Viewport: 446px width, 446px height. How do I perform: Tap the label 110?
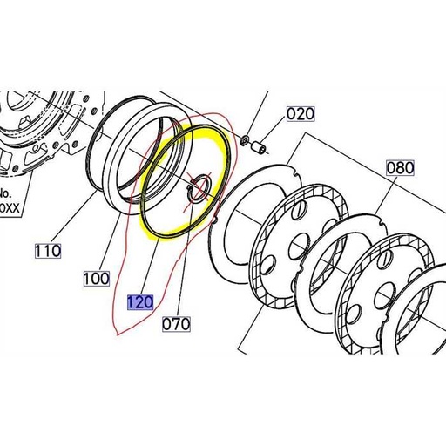[x=47, y=251]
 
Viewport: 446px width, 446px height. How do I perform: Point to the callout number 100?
[x=97, y=278]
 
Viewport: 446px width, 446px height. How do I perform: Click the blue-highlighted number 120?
[x=140, y=302]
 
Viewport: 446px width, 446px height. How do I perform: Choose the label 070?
[x=176, y=321]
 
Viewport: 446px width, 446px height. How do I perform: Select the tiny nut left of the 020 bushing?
[x=246, y=140]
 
